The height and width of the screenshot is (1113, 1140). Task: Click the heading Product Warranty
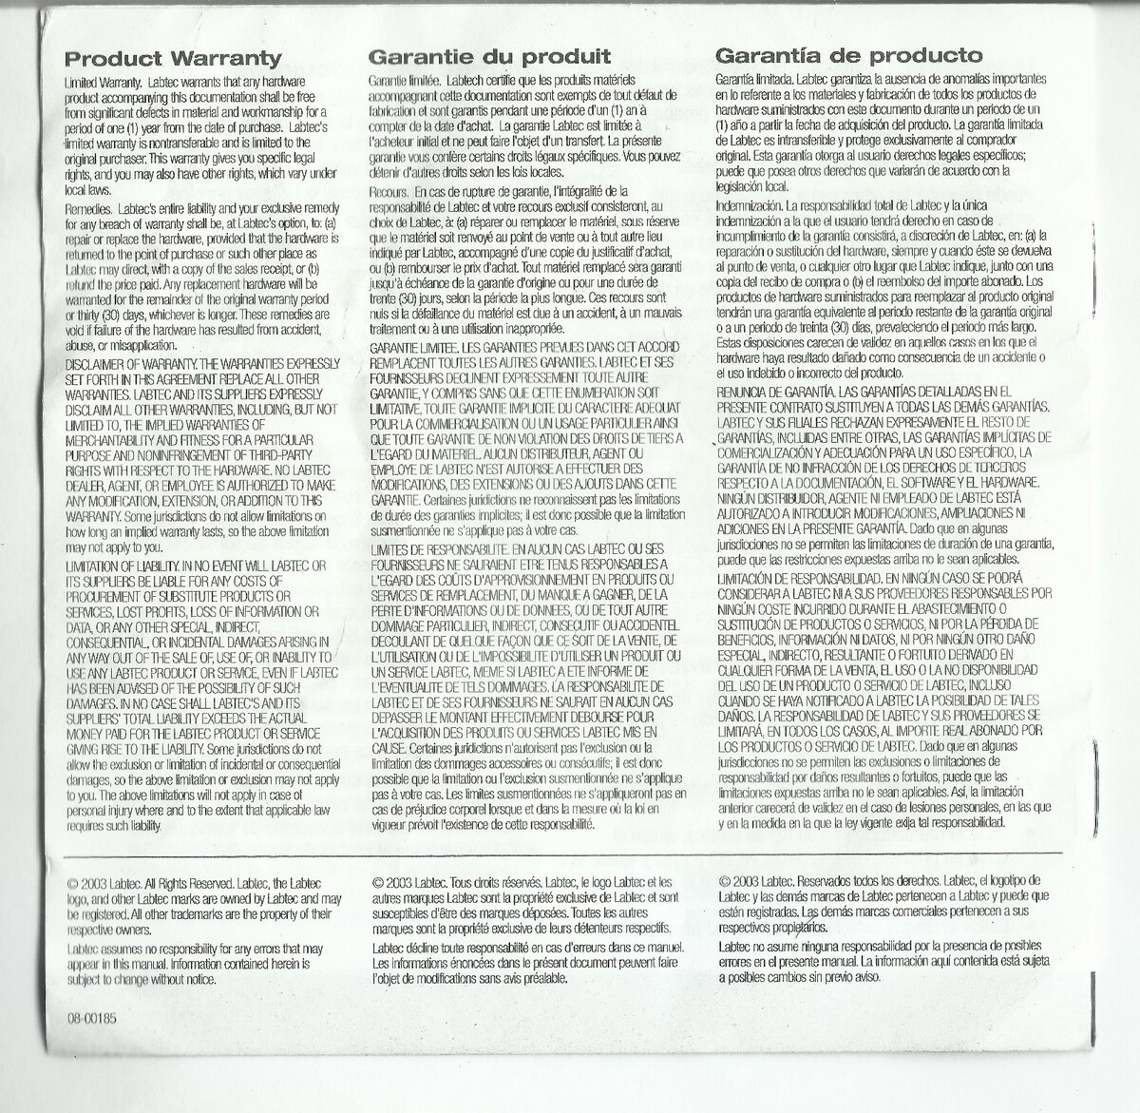click(173, 59)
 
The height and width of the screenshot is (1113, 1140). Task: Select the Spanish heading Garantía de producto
click(848, 55)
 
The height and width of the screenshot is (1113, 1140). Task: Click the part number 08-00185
click(91, 1018)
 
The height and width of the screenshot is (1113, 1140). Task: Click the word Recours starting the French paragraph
click(389, 192)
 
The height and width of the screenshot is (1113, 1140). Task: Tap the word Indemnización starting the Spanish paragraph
click(749, 205)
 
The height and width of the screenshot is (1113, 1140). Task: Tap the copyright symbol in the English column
click(72, 884)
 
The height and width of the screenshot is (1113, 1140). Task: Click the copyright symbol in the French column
click(378, 883)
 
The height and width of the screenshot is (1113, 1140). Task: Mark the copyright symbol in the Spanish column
click(725, 881)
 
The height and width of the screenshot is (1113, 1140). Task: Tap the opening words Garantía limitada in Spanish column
click(755, 79)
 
